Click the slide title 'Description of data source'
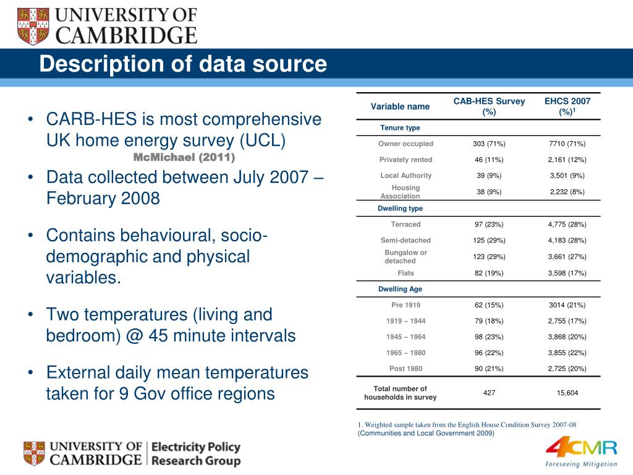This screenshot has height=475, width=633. [x=183, y=64]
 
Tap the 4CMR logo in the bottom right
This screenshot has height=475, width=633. [x=581, y=452]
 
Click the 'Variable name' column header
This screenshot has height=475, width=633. [x=400, y=106]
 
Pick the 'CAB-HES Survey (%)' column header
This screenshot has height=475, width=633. [x=489, y=106]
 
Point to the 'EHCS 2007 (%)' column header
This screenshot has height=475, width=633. [x=567, y=106]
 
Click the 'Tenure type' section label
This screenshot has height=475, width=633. [x=400, y=128]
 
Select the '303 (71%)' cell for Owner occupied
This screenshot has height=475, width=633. [x=489, y=144]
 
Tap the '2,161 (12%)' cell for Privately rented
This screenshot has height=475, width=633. [x=567, y=160]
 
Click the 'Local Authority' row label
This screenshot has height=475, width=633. [x=406, y=176]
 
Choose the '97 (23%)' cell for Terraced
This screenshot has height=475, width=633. [x=489, y=225]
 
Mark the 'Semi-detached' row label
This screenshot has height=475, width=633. [x=406, y=241]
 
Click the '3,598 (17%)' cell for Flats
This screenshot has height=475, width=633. [x=567, y=273]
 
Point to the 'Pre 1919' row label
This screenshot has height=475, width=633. [x=406, y=305]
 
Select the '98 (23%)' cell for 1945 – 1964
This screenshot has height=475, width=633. [x=489, y=337]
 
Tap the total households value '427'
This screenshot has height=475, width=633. [x=489, y=393]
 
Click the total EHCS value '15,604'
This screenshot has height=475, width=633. [x=567, y=393]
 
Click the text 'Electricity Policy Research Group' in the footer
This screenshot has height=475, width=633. [x=195, y=454]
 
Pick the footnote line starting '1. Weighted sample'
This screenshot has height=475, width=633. [x=467, y=424]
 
